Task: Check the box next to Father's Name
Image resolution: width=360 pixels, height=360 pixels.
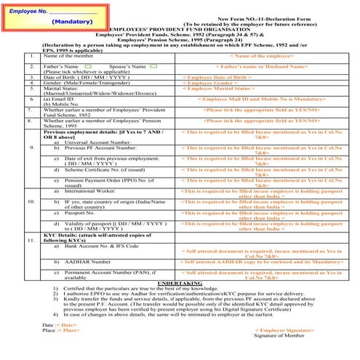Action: [x=87, y=66]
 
